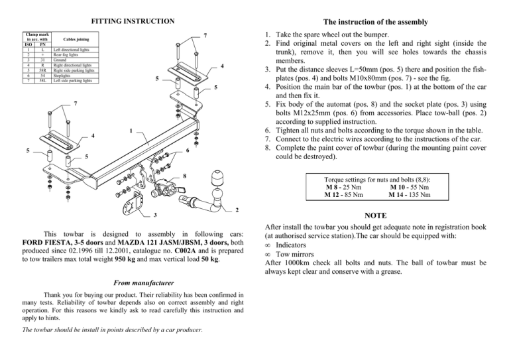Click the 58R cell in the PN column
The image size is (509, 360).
point(42,71)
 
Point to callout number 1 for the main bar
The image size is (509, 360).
point(131,130)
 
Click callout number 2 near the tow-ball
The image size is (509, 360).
point(237,210)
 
